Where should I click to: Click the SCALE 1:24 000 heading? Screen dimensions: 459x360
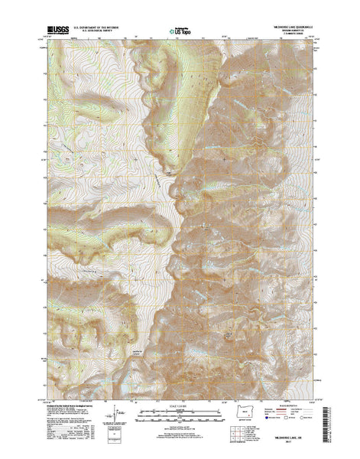click(x=180, y=406)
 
